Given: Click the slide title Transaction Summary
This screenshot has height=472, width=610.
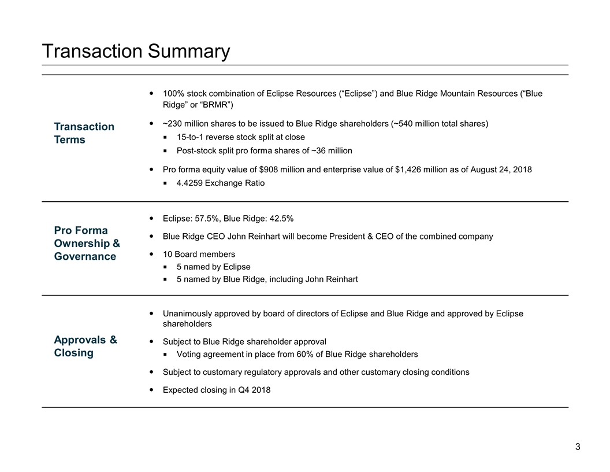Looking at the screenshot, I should click(x=136, y=51).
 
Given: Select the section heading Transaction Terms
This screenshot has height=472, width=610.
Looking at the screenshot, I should click(x=84, y=133).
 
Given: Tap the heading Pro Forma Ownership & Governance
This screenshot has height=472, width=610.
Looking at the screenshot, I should click(x=87, y=244).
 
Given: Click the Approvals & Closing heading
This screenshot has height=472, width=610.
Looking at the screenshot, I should click(x=85, y=346).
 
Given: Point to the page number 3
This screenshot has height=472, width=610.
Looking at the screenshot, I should click(x=578, y=447).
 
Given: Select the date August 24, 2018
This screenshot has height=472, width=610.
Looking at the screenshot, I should click(x=501, y=169).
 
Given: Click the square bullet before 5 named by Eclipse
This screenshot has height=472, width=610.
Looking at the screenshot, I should click(x=165, y=267).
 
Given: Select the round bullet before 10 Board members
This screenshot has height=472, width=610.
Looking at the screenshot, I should click(x=151, y=254).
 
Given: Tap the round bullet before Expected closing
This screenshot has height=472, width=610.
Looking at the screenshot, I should click(x=151, y=390).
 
